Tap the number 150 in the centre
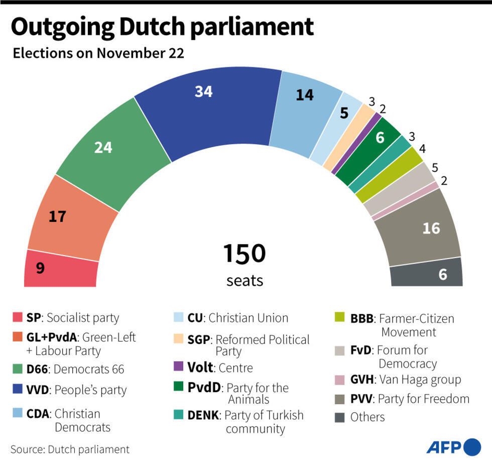coord(244,254)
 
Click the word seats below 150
coord(244,280)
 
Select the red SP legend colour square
coord(17,318)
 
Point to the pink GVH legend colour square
coord(340,380)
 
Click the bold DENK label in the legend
coord(203,415)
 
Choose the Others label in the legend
coord(367,417)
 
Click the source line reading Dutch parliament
coord(70,449)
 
